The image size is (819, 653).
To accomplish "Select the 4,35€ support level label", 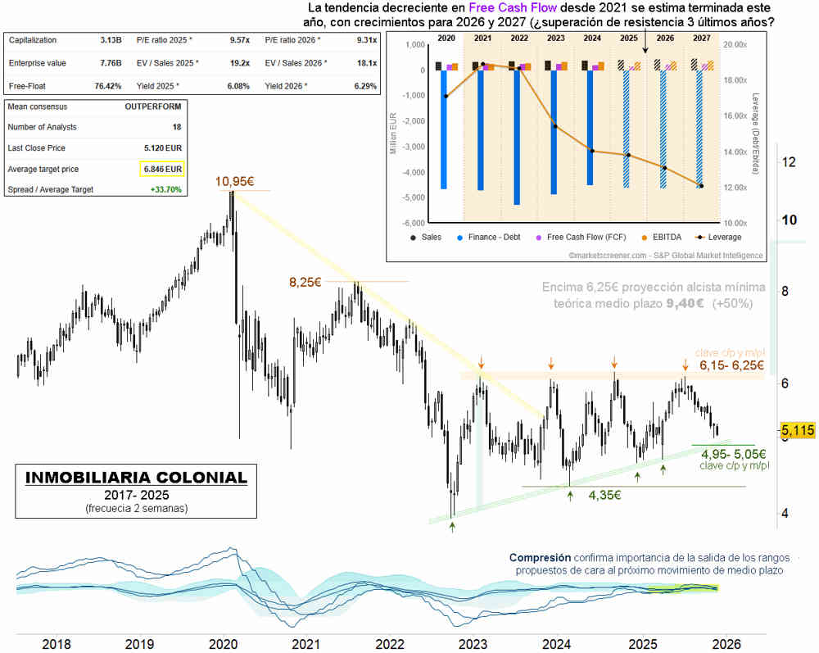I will tap(604, 495).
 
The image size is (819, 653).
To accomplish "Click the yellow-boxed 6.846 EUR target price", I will tap(162, 169).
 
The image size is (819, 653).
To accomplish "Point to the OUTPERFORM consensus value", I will tap(153, 106).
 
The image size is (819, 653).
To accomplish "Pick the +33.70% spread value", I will tap(165, 189).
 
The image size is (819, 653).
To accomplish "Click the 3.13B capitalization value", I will tap(110, 39).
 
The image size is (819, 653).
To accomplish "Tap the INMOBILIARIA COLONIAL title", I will tap(130, 477).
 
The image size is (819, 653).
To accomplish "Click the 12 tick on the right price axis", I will tap(790, 161).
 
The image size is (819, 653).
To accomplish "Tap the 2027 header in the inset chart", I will tap(702, 39).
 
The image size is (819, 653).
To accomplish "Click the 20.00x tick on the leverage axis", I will tap(737, 45).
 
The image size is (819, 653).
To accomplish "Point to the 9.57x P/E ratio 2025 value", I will tap(240, 39).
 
